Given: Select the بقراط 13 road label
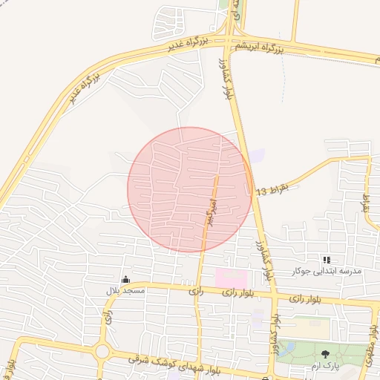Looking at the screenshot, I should coord(272,189).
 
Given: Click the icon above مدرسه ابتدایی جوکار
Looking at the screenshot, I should coord(327,260).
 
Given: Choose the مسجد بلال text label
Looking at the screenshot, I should coord(125,291).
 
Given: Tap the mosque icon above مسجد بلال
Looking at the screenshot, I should coord(125,280).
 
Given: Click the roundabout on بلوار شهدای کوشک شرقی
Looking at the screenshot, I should coord(102,351).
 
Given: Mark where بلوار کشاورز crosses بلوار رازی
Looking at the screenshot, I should coord(273,298).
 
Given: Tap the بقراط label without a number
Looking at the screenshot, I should coord(365,202).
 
